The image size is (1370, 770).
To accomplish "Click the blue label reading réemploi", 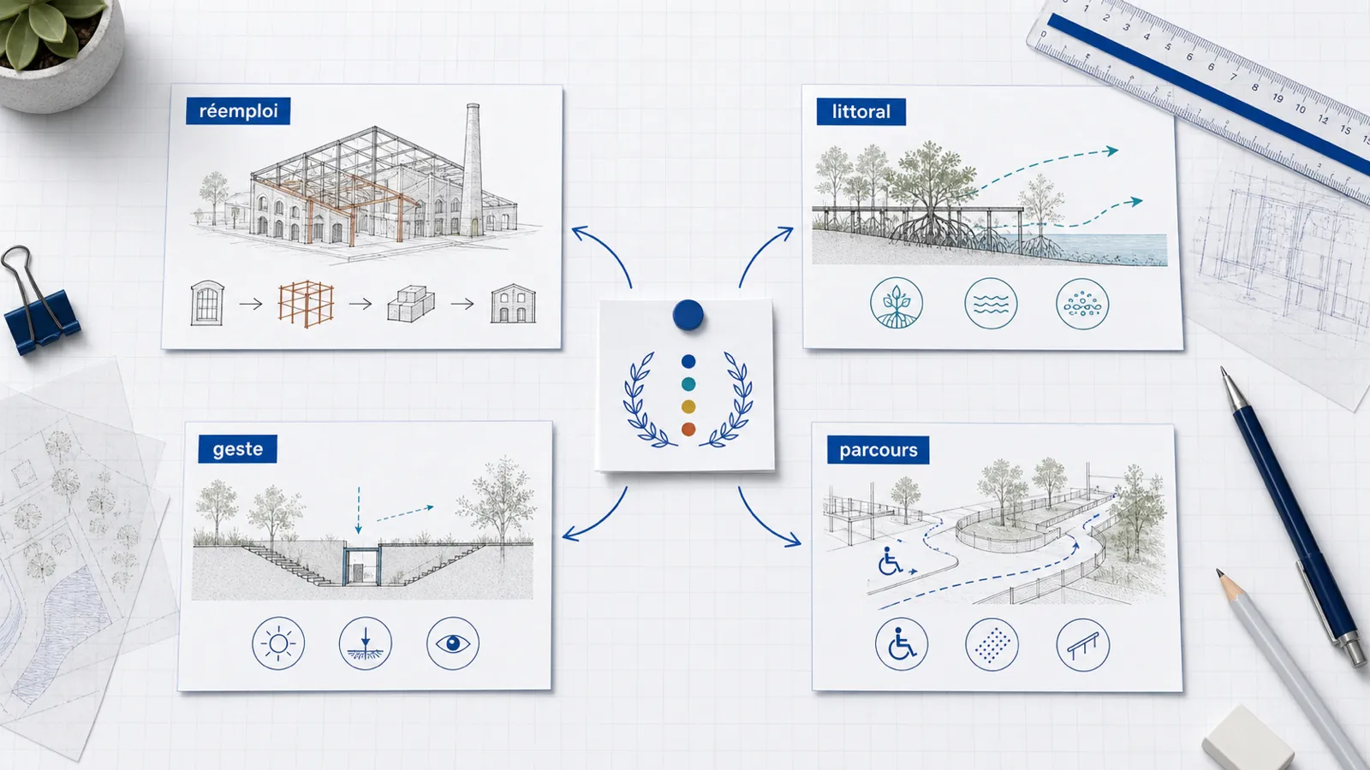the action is (238, 111).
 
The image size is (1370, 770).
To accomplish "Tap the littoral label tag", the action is (861, 112).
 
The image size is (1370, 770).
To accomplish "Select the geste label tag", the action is (237, 449).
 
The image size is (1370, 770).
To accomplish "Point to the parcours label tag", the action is (878, 450).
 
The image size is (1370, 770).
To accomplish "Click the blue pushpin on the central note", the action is (688, 315).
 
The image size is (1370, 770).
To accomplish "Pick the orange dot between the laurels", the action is (688, 429).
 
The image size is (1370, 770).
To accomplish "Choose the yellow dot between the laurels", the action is (688, 406).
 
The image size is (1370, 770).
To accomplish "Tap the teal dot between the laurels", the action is (688, 384).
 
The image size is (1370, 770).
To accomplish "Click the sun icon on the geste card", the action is (278, 643).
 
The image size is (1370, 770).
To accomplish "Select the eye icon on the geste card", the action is (453, 643).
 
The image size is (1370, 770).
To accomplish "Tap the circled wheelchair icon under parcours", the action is (901, 645).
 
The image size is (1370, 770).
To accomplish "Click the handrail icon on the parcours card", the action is (1082, 645).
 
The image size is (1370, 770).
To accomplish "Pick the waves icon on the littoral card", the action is (991, 304).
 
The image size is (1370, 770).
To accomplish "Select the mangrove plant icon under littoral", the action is (896, 304).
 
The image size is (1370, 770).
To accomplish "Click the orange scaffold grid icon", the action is (306, 304).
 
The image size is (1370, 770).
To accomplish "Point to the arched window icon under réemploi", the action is (206, 303).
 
